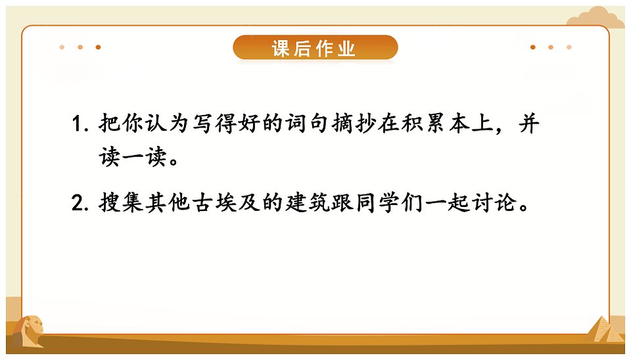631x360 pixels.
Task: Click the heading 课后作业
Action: tap(314, 49)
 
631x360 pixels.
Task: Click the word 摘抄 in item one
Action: tap(354, 123)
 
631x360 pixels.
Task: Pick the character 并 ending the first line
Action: tap(528, 123)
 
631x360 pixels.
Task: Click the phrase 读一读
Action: tap(133, 156)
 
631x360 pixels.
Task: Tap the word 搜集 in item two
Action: tap(121, 202)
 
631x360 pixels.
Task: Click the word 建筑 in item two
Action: tap(308, 202)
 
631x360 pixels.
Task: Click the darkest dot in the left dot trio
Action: tap(98, 47)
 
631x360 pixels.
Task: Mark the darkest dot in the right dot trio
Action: tap(533, 47)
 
